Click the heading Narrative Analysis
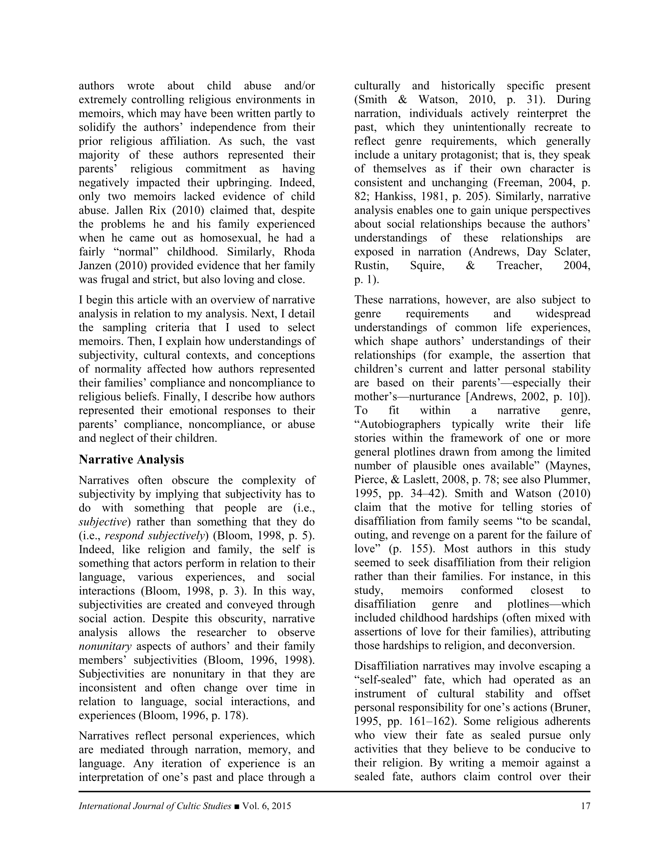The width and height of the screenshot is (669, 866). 131,459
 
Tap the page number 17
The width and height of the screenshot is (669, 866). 585,806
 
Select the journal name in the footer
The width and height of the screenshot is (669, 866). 154,806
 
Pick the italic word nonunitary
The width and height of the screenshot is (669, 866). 105,646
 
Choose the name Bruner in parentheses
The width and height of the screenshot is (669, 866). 572,707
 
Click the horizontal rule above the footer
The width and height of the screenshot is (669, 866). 334,792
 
